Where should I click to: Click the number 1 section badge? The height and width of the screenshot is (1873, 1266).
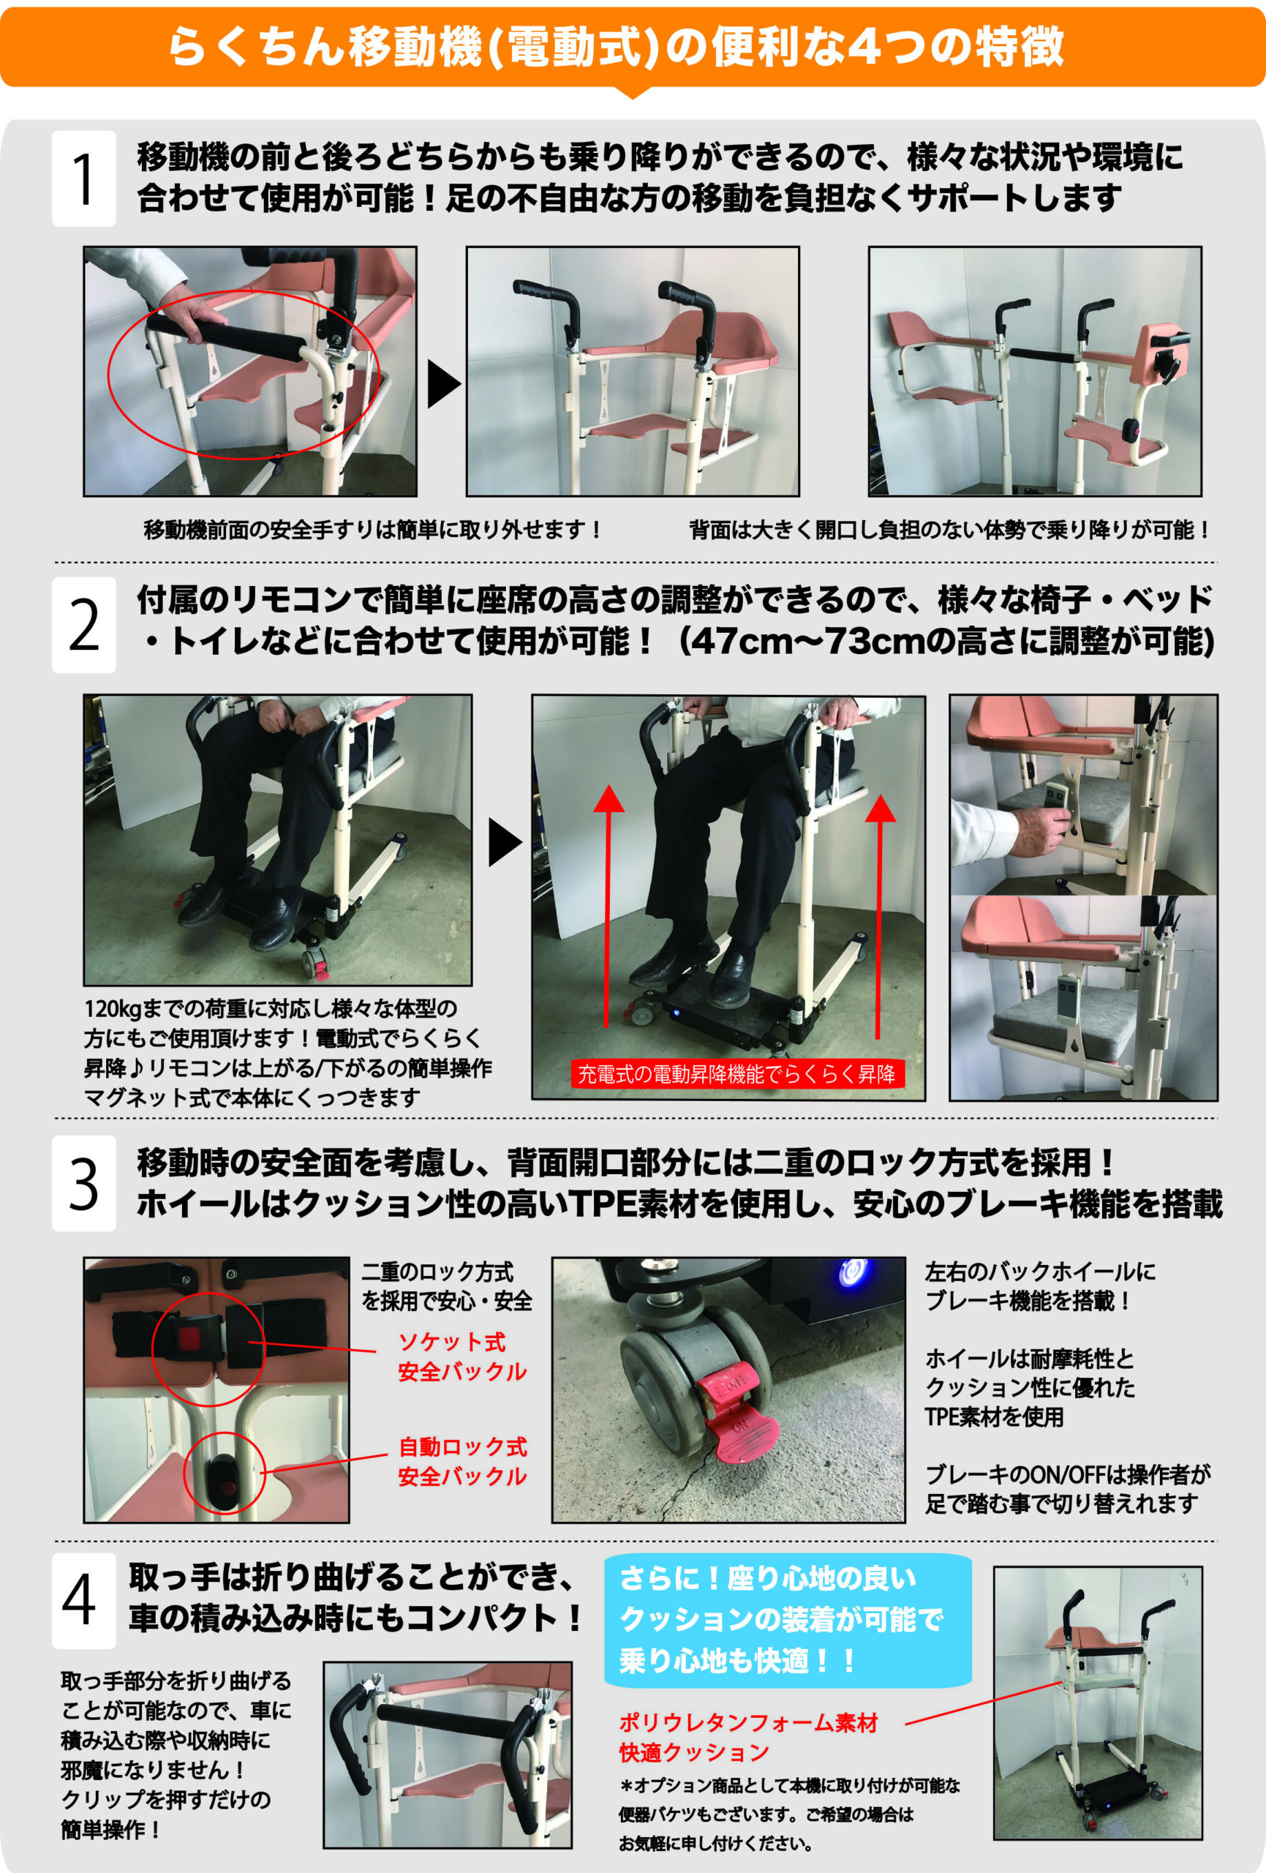pos(84,178)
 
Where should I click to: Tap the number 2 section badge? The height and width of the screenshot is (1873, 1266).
pos(84,625)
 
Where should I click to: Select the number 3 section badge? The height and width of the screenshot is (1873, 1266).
pos(84,1184)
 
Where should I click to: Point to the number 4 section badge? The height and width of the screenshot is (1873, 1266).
pos(84,1601)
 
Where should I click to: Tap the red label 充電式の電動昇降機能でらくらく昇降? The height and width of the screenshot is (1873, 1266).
pos(737,1073)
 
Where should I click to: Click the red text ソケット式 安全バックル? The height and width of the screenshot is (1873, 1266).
pos(462,1356)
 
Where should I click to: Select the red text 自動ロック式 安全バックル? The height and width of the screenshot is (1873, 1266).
pos(462,1462)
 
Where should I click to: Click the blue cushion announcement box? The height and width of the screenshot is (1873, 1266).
pos(788,1620)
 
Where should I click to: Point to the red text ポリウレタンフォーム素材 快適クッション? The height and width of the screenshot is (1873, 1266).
pos(748,1737)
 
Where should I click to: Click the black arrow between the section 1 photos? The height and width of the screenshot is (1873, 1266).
pos(443,383)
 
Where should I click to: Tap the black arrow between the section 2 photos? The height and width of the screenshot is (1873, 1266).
pos(505,843)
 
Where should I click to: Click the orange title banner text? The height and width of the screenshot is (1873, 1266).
pos(617,47)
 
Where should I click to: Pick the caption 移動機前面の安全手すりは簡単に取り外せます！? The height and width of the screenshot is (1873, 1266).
pos(373,530)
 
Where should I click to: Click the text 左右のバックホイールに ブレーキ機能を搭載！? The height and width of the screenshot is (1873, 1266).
pos(1040,1286)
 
